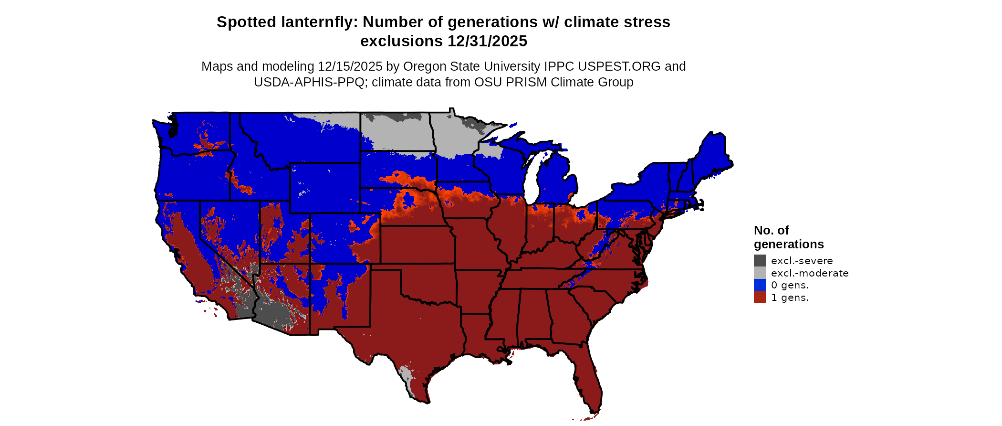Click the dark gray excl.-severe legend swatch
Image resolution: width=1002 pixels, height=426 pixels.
tap(760, 260)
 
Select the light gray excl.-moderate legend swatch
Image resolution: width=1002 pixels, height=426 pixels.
tap(760, 273)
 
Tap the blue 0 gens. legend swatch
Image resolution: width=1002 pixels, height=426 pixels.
tap(760, 285)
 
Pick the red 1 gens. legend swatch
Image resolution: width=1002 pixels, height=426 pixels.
tap(760, 298)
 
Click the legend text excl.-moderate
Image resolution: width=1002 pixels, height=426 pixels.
tap(810, 273)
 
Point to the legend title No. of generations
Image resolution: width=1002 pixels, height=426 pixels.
tap(788, 237)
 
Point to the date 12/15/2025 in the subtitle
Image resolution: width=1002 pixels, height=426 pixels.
tap(350, 66)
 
